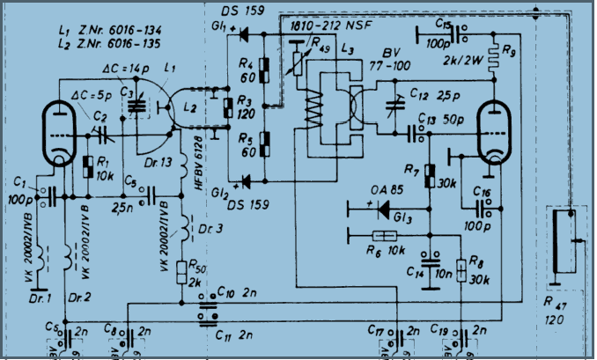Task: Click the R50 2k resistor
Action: point(183,271)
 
